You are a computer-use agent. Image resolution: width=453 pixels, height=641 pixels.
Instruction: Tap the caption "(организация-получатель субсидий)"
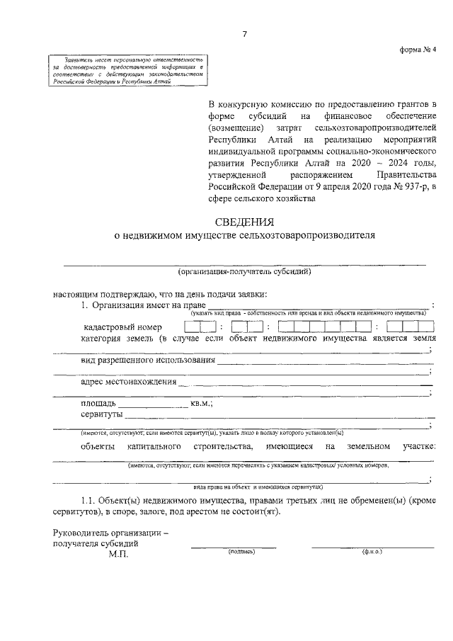point(244,272)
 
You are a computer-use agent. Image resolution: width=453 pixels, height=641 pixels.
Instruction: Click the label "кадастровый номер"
point(122,327)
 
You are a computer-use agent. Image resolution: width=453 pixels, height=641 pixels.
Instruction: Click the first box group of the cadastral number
point(200,327)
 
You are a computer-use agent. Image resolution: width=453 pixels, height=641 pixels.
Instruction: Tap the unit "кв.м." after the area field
point(201,403)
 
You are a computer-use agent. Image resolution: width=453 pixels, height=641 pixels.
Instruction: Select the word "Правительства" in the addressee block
point(406,174)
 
